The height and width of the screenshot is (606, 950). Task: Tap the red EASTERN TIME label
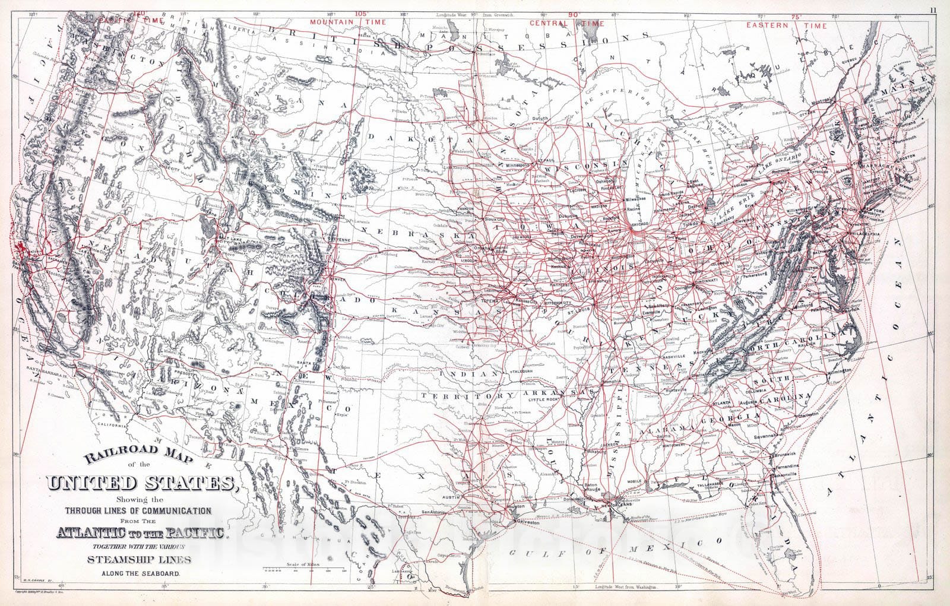pos(786,26)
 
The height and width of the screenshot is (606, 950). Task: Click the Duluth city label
pos(540,118)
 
